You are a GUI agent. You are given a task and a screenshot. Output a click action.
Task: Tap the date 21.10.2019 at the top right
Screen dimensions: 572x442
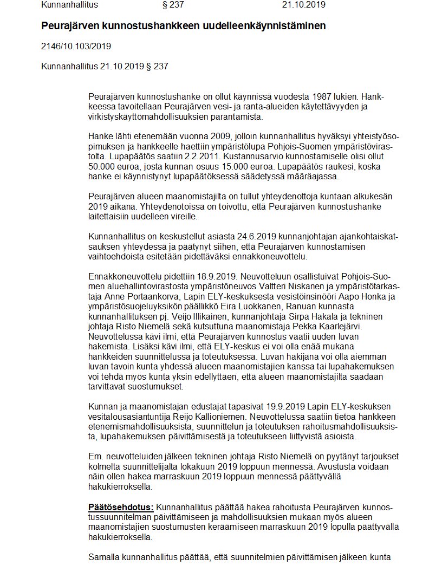tap(303, 5)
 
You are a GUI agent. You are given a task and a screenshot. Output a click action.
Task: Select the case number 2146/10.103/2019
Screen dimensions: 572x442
tap(76, 47)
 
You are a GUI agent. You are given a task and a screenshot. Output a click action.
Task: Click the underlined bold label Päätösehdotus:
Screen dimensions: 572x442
tap(121, 508)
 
